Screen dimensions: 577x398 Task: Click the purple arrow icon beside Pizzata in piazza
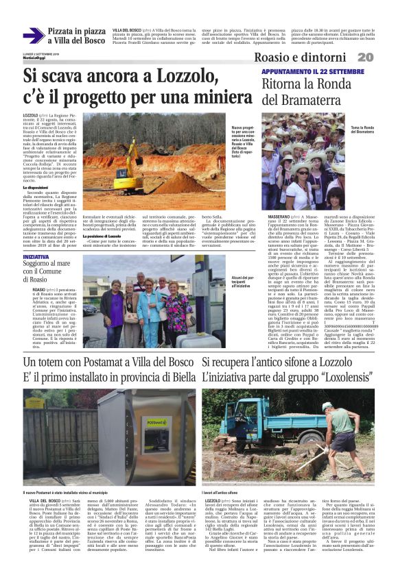point(33,36)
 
